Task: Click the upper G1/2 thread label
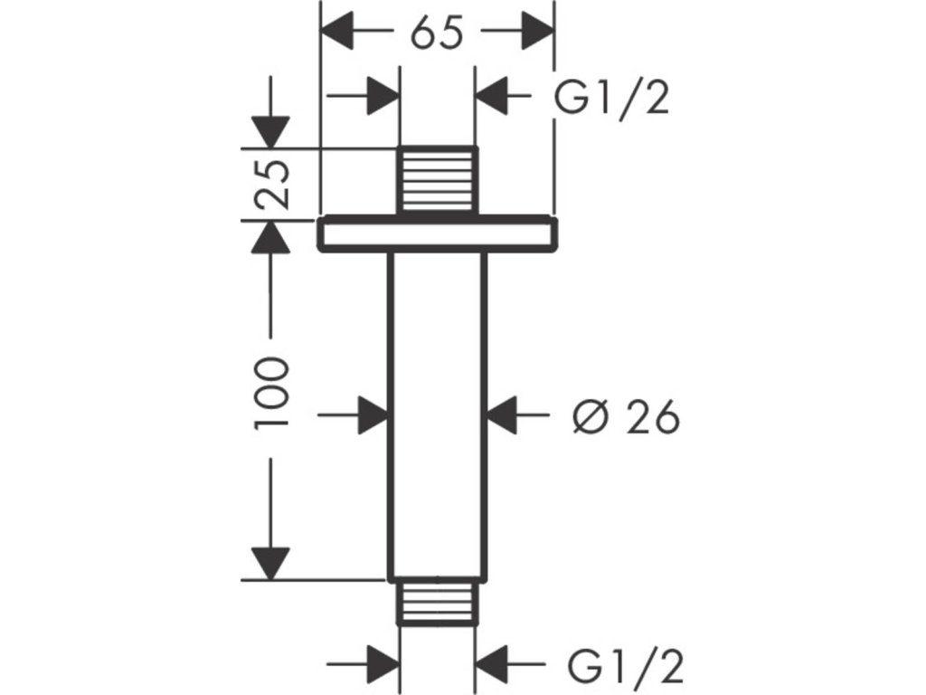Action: click(612, 98)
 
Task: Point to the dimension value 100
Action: click(271, 392)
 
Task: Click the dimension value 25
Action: click(272, 184)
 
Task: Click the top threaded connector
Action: click(438, 180)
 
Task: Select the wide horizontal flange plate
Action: click(438, 233)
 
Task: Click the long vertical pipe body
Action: click(438, 414)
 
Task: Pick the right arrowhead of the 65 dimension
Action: click(537, 31)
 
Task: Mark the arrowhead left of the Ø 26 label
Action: click(502, 415)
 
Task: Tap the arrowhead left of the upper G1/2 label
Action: click(493, 95)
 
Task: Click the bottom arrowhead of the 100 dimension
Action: click(270, 564)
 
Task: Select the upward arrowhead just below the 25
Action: click(270, 237)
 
